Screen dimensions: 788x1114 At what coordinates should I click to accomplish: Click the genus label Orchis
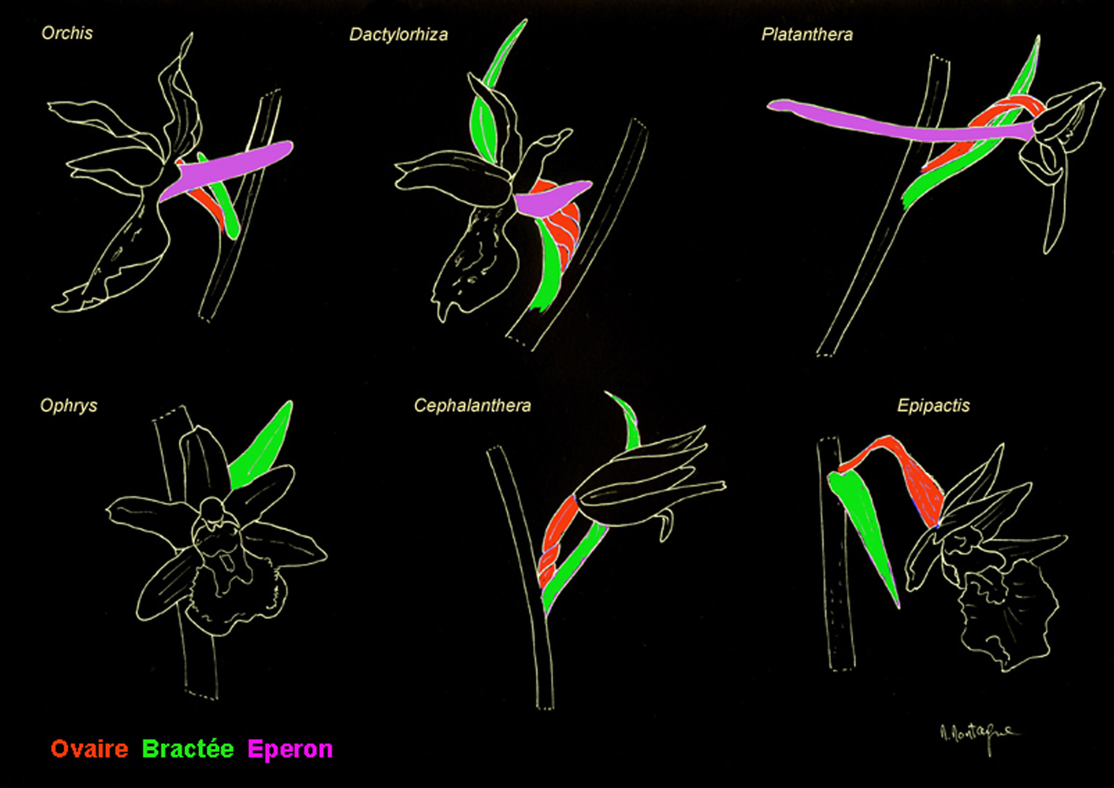point(67,33)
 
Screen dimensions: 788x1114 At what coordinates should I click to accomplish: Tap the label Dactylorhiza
point(398,35)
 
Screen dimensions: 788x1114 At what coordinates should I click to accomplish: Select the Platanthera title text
point(807,35)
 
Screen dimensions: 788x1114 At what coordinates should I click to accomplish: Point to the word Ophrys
point(68,406)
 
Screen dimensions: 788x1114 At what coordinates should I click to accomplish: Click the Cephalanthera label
point(472,406)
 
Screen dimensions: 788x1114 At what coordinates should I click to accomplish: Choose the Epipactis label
point(933,406)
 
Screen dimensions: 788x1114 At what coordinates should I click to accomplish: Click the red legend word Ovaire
point(89,749)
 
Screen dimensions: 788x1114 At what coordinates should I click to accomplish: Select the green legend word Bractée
point(188,749)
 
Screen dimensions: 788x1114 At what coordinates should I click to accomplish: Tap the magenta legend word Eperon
point(290,749)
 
